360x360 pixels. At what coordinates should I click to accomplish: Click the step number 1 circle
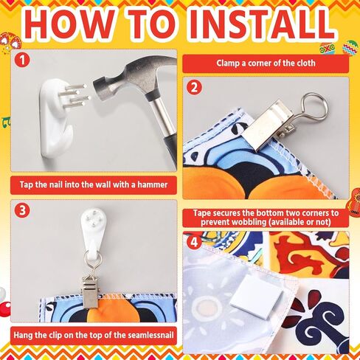[22, 60]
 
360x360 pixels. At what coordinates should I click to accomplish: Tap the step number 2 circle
[194, 87]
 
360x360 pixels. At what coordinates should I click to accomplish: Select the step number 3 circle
[22, 210]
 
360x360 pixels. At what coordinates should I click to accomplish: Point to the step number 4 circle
[194, 242]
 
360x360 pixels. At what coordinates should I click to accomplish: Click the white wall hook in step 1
[57, 118]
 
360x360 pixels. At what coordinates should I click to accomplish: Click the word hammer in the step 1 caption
[153, 184]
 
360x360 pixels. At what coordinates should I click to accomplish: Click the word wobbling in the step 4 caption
[246, 222]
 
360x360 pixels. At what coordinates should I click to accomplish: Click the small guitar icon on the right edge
[354, 201]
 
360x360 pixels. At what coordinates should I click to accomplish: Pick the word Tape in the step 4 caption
[202, 213]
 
